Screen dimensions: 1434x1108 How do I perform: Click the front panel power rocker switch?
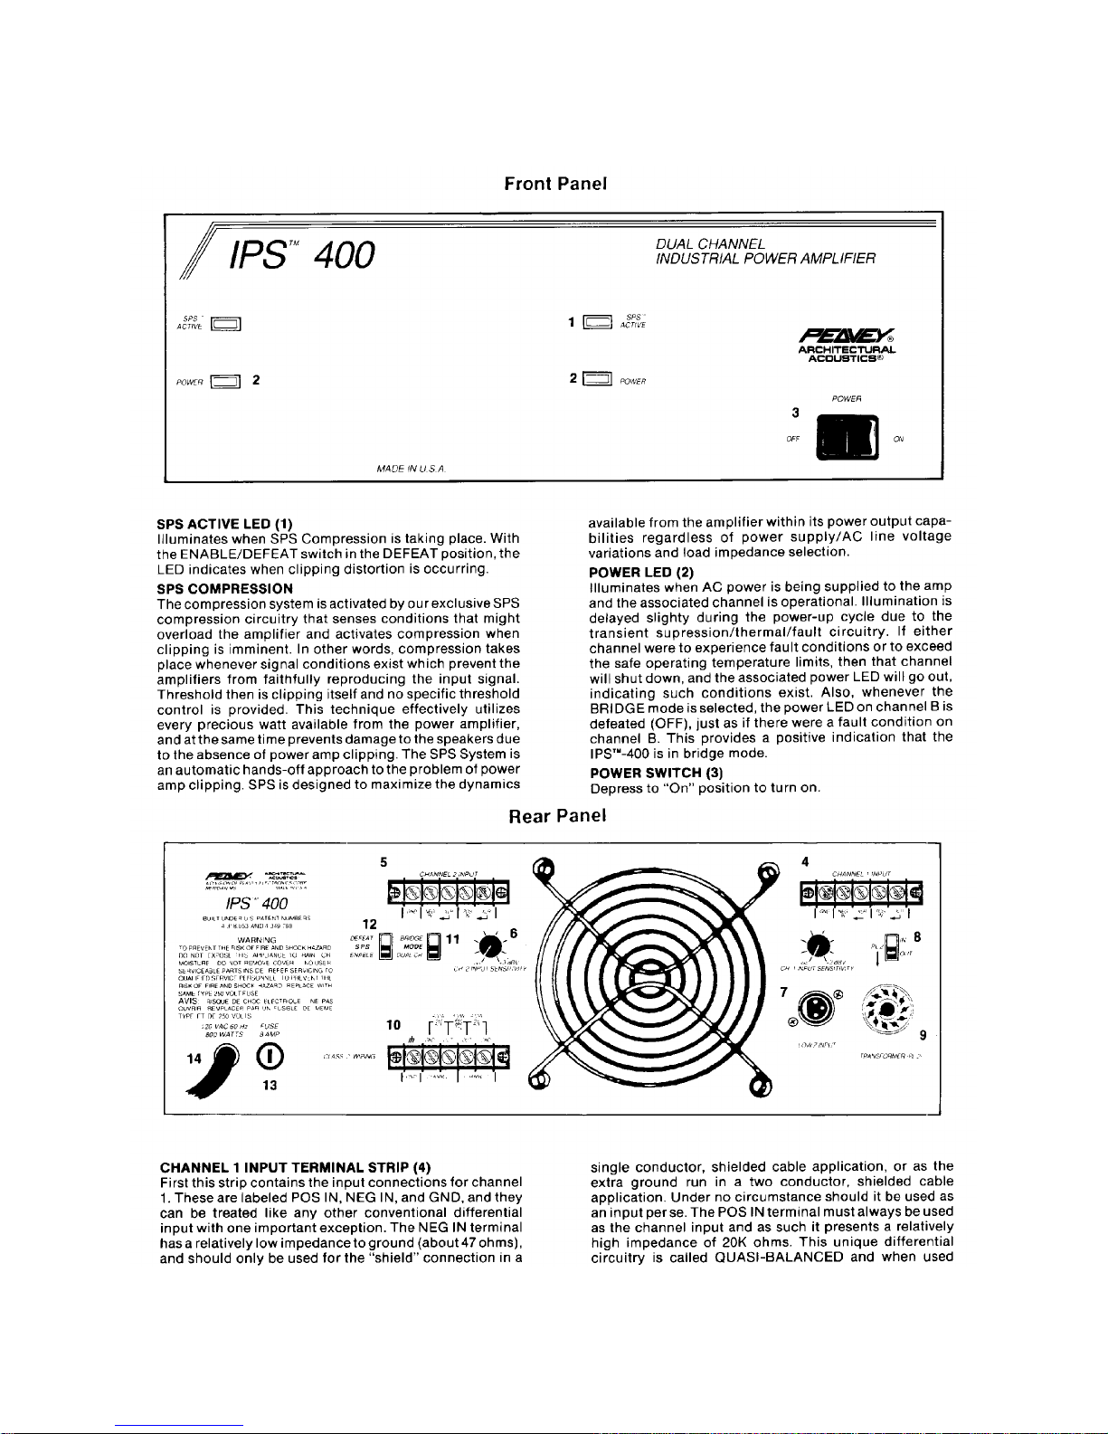tap(847, 437)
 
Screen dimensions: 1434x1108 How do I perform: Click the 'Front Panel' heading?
tap(554, 184)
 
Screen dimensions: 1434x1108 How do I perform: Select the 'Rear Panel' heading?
tap(557, 815)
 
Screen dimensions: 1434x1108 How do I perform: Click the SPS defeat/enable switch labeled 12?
tap(386, 945)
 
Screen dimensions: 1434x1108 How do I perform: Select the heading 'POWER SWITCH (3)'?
tap(656, 772)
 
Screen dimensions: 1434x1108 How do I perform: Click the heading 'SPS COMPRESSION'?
tap(225, 588)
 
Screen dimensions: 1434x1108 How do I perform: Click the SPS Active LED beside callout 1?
tap(597, 320)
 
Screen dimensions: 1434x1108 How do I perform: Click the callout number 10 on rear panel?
tap(393, 1025)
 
